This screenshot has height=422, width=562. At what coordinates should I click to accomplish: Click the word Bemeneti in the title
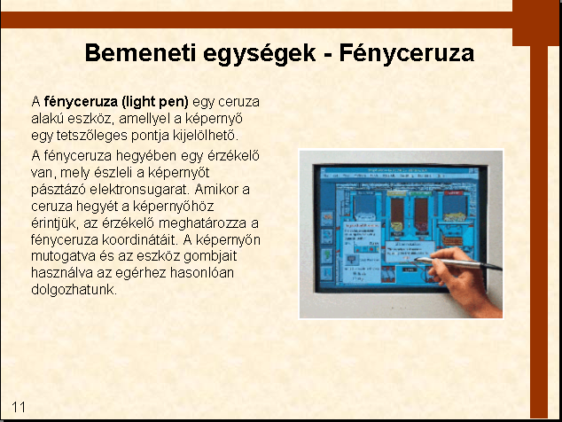pos(140,52)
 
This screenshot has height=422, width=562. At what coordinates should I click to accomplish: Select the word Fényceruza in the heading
pos(407,53)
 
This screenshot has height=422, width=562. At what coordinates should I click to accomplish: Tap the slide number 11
pos(19,407)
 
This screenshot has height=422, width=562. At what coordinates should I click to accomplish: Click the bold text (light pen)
pos(155,102)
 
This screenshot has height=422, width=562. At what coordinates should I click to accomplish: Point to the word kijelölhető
pos(206,136)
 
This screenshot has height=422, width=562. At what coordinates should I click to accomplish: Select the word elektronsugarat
pos(139,189)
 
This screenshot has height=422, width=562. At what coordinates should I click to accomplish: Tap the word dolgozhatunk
pos(74,289)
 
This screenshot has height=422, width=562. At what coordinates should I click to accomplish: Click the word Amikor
pos(215,189)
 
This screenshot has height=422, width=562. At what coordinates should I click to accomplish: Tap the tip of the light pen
pos(416,259)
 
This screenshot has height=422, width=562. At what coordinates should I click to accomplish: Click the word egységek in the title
pos(259,54)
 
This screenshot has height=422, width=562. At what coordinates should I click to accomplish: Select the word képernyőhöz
pos(174,207)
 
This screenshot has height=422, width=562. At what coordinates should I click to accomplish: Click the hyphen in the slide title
pos(327,55)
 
